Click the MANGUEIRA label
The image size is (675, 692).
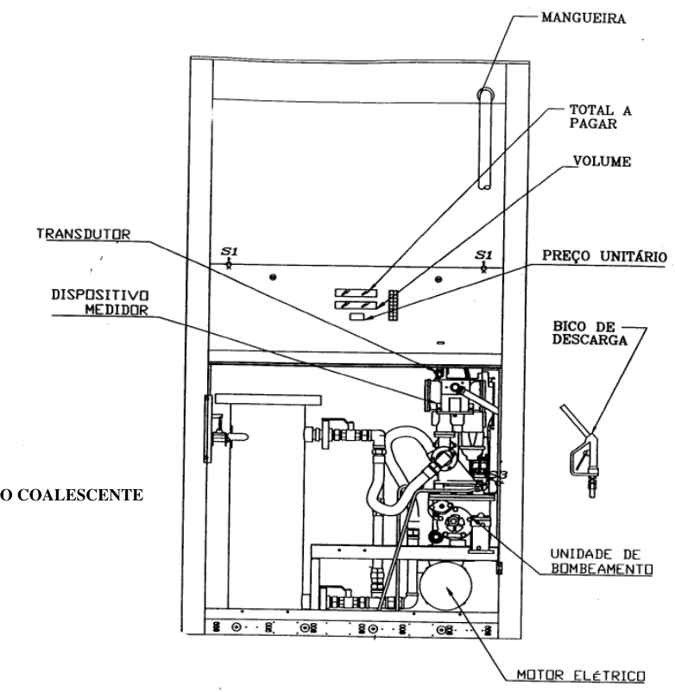[x=584, y=17]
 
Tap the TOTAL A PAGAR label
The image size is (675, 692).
[x=600, y=116]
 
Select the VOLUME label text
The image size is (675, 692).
[x=602, y=161]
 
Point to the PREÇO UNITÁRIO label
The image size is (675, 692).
[x=604, y=256]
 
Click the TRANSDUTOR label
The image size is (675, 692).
[x=84, y=234]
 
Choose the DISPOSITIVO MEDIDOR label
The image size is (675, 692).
[x=100, y=302]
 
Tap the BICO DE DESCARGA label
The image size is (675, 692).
[x=590, y=333]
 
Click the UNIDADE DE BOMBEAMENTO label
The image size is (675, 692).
[x=602, y=562]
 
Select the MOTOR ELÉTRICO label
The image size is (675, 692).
[x=581, y=676]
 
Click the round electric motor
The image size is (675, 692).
[x=446, y=586]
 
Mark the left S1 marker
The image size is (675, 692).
[x=229, y=257]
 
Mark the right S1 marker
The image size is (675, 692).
[x=483, y=261]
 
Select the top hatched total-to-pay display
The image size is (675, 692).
[x=356, y=293]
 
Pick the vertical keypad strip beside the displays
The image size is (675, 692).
[x=393, y=305]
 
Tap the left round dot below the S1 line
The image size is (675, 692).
[x=273, y=277]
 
